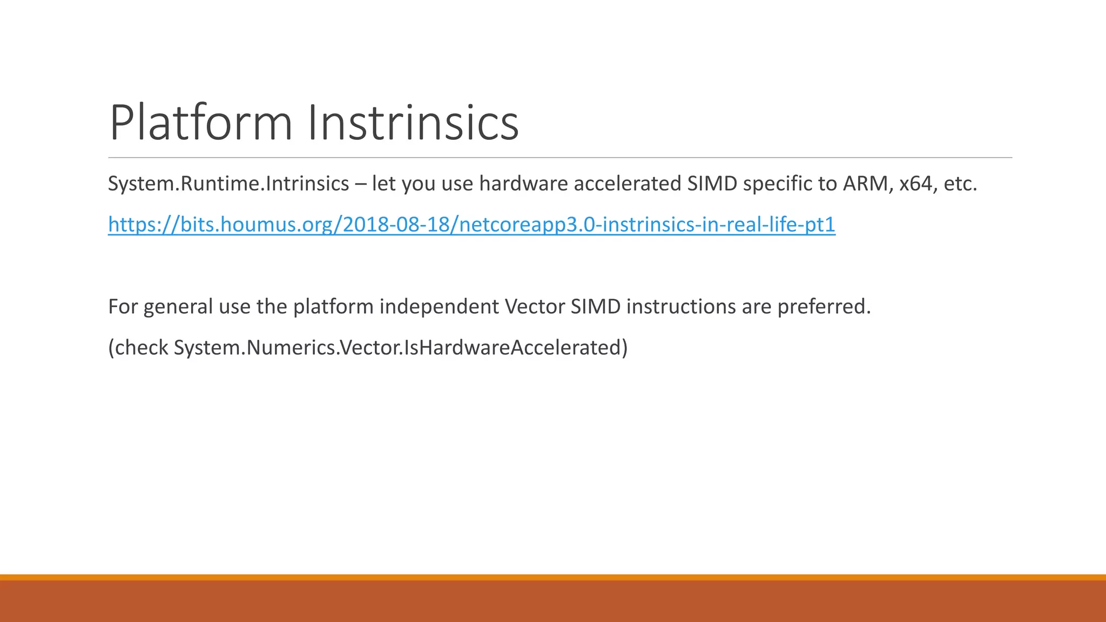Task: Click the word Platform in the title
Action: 201,123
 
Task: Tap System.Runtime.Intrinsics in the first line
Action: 228,184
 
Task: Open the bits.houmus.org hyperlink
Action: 471,225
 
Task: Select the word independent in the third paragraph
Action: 439,307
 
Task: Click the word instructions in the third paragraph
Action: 681,307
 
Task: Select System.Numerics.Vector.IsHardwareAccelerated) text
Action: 400,348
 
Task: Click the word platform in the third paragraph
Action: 333,307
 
